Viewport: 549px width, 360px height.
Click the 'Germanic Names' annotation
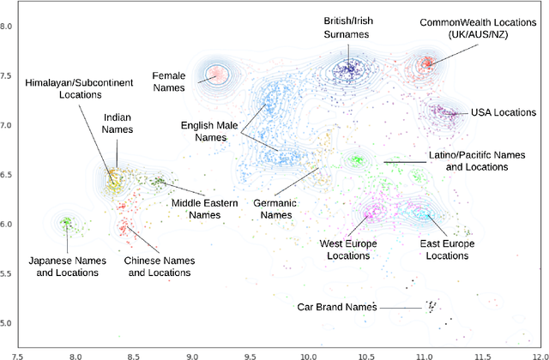(x=276, y=209)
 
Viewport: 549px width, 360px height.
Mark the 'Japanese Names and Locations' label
(x=63, y=266)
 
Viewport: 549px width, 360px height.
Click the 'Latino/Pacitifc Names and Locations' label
(x=468, y=161)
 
